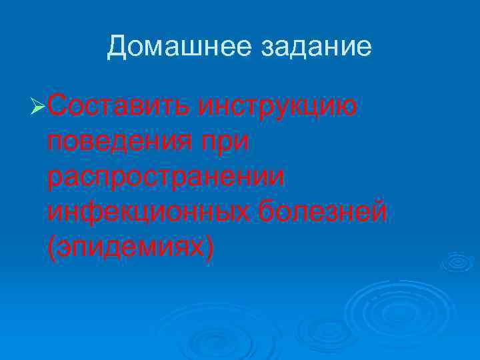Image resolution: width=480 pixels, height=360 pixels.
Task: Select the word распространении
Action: (x=167, y=177)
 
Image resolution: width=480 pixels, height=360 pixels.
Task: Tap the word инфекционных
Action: (x=147, y=213)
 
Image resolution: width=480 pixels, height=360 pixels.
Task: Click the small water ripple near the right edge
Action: (x=459, y=261)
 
